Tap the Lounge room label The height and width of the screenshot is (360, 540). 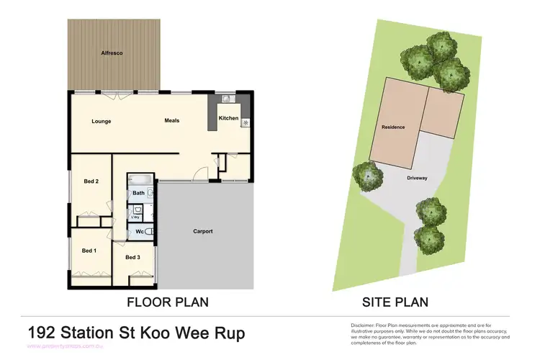[101, 121]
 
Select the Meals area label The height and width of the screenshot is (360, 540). [171, 120]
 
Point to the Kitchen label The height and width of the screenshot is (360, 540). [228, 118]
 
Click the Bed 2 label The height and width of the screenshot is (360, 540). [91, 181]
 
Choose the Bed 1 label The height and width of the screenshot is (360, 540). [89, 251]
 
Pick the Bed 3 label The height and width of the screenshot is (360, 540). [132, 257]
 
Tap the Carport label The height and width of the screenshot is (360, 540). [203, 231]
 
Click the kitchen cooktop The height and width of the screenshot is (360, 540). [246, 123]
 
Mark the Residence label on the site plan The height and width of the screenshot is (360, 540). [393, 127]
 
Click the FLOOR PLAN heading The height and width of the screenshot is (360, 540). [168, 302]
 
